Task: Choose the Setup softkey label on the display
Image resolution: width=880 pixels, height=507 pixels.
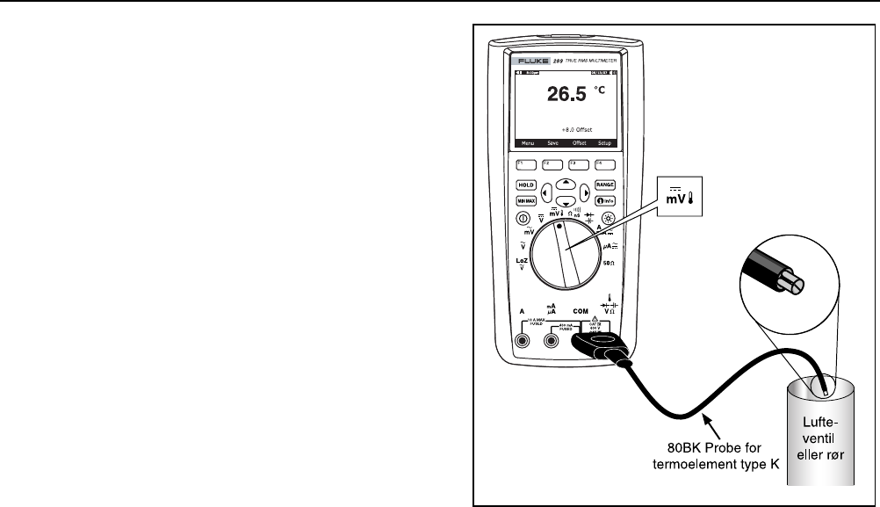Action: (604, 142)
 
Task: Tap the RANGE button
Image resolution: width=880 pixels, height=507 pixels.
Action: (604, 185)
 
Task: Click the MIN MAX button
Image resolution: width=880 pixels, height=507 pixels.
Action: (526, 200)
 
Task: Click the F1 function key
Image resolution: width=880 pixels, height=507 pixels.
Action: (526, 163)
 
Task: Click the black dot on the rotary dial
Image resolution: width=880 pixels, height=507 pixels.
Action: (559, 226)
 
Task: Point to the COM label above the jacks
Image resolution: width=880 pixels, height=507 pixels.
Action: (581, 311)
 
